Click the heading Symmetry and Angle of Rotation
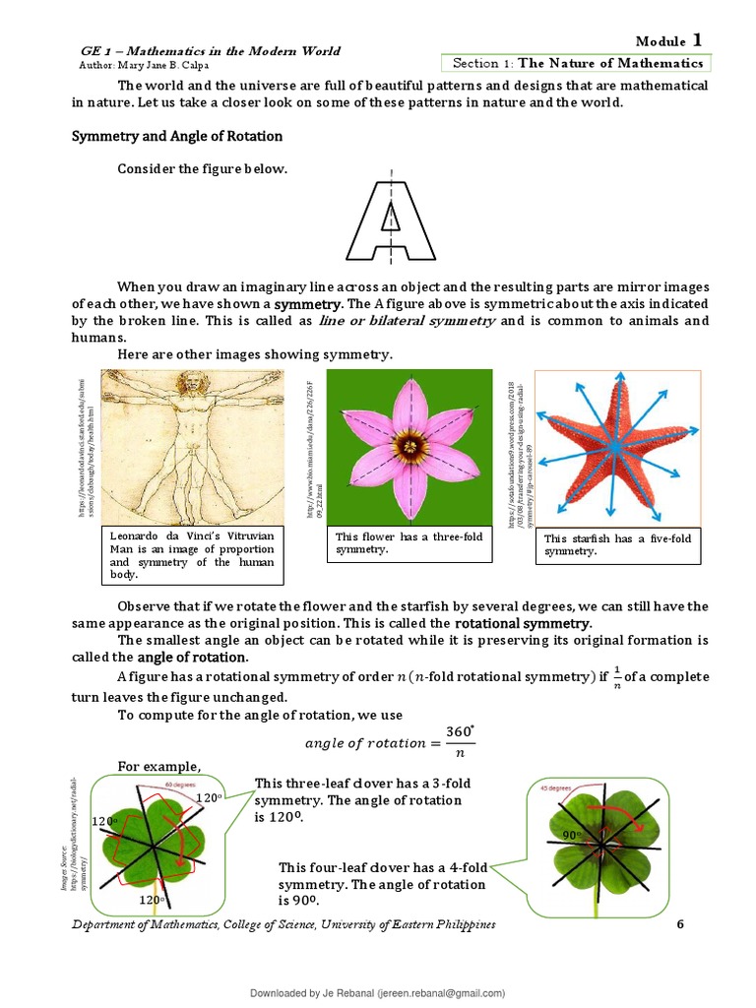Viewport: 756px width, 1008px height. (176, 136)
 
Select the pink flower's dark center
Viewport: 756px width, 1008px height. (409, 448)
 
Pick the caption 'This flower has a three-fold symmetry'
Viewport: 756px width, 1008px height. (408, 543)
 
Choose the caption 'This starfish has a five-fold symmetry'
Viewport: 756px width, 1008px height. (617, 544)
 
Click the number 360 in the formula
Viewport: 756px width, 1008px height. (459, 731)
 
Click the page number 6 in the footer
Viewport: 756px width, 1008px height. (678, 925)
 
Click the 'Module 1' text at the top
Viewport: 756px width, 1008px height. (668, 40)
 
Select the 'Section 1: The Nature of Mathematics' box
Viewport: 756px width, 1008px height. (577, 63)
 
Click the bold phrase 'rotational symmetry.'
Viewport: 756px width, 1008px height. (523, 624)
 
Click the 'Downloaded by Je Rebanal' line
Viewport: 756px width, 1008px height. (378, 994)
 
